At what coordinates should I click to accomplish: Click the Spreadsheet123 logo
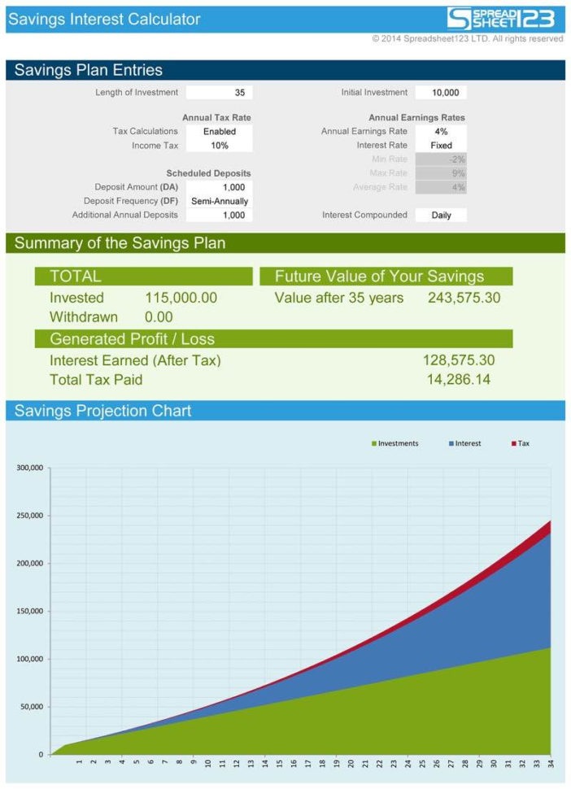point(501,19)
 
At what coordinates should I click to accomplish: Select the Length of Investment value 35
point(220,93)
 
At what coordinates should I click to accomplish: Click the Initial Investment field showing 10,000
point(441,93)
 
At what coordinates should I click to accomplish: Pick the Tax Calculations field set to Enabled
point(220,131)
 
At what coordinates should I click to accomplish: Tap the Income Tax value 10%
point(220,146)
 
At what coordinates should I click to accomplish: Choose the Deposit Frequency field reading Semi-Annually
point(220,201)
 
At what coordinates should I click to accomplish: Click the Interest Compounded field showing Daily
point(441,216)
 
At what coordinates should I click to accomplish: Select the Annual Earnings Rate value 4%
point(441,131)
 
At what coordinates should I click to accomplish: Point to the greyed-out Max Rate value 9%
point(441,173)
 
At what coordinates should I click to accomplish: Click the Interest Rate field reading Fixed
point(441,146)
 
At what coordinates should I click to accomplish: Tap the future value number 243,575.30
point(464,298)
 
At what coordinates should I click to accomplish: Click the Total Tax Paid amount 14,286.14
point(459,379)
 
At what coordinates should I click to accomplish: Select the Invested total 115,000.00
point(181,298)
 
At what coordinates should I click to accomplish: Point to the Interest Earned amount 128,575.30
point(459,360)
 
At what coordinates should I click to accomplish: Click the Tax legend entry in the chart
point(521,443)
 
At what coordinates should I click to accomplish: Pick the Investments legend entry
point(395,443)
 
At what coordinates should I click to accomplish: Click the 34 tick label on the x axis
point(551,763)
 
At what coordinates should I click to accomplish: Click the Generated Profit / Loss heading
point(132,338)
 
